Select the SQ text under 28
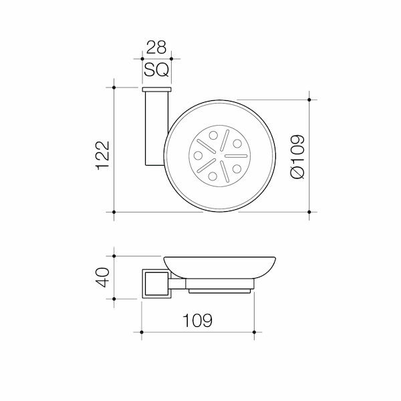click(x=156, y=69)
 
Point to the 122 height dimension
click(x=102, y=156)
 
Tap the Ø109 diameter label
click(x=298, y=156)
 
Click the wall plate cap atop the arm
click(x=156, y=89)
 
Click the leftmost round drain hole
click(x=198, y=155)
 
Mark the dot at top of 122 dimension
click(x=115, y=87)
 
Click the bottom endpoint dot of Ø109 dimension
click(x=308, y=212)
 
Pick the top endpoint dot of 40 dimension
click(x=115, y=255)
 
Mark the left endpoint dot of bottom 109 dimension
click(x=142, y=331)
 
